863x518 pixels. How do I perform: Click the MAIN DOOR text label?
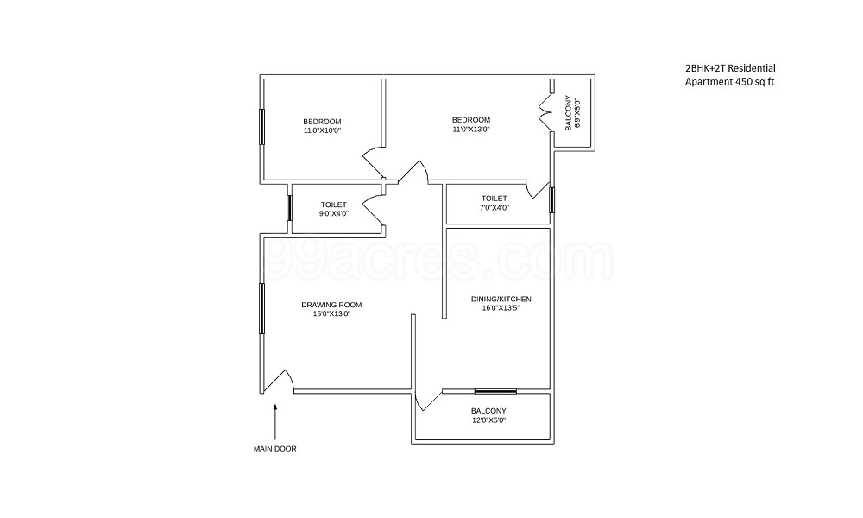pos(274,449)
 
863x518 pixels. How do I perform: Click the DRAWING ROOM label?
pos(331,305)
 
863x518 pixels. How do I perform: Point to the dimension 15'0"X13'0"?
pos(331,314)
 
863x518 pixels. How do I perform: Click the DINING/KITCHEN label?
pos(501,299)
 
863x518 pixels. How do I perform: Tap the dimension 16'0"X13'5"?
pos(501,308)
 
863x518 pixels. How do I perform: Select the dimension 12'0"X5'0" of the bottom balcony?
pos(488,420)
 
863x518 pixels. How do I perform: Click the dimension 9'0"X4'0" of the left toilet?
pos(333,214)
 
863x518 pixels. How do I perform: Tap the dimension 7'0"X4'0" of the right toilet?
pos(494,207)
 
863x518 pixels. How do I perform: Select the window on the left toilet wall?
pos(290,209)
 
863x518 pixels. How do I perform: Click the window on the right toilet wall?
pos(551,199)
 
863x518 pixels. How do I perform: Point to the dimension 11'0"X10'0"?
pos(322,130)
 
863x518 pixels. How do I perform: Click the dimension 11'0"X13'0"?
pos(471,129)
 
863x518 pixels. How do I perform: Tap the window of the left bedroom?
pos(262,128)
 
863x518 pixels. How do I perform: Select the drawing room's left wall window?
pos(262,307)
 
